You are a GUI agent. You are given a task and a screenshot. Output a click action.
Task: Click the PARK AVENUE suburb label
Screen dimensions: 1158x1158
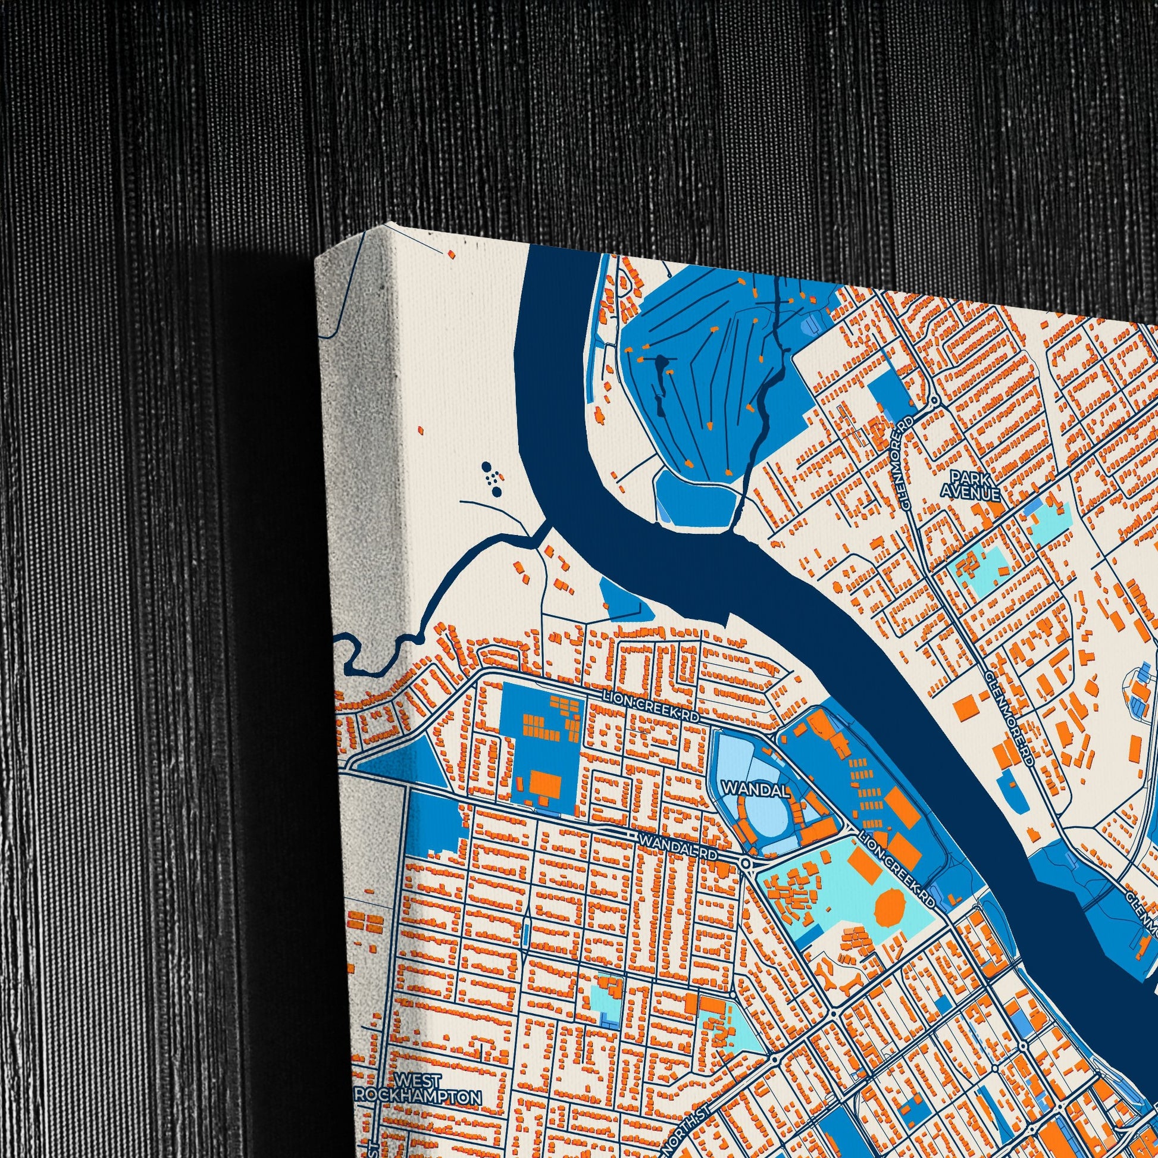970,486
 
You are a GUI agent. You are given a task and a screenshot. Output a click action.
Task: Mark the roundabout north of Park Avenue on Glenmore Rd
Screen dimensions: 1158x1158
934,399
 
